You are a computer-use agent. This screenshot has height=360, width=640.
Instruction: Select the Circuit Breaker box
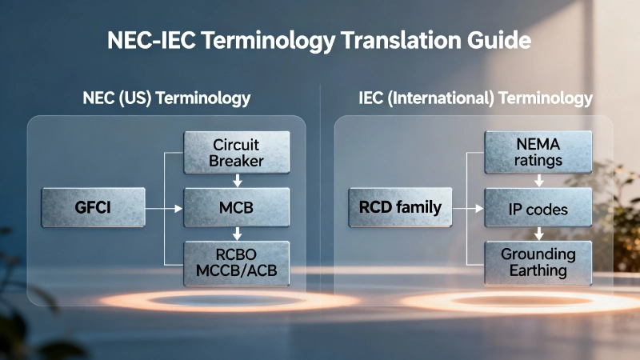pos(237,153)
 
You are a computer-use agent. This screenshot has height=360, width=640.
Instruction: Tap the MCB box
pos(237,208)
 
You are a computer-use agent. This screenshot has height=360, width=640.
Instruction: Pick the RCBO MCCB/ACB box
pos(237,263)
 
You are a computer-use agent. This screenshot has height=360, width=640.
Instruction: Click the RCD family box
pos(400,208)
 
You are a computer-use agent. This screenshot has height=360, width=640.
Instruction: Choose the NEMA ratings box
pos(538,153)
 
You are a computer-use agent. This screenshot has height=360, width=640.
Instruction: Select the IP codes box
pos(538,208)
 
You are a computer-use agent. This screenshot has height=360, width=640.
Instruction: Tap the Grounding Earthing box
pos(538,263)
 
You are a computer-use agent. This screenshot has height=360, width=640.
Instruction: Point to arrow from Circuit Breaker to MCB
pos(237,181)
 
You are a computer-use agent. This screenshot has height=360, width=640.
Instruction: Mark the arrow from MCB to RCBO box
pos(237,234)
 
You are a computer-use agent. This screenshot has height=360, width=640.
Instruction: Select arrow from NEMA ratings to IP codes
pos(538,181)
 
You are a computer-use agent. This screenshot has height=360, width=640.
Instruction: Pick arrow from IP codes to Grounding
pos(538,234)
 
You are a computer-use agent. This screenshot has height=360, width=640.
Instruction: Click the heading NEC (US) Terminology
pos(166,98)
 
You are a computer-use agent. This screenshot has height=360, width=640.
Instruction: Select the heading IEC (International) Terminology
pos(476,98)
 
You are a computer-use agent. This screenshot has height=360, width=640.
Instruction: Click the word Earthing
pos(538,271)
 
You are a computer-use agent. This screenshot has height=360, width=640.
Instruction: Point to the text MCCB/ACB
pos(237,271)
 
